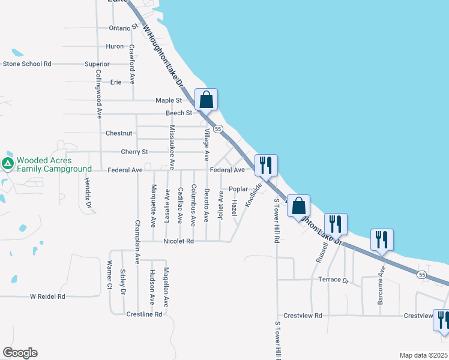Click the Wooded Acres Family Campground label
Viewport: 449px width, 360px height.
coord(53,165)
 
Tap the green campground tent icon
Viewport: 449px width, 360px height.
coord(8,164)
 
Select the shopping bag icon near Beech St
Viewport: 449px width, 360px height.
coord(206,100)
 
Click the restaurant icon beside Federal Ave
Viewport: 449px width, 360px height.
coord(266,166)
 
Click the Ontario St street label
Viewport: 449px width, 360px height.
coord(124,28)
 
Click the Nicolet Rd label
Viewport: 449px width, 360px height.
coord(178,241)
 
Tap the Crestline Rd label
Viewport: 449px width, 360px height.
coord(145,314)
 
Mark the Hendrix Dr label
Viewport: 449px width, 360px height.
coord(88,194)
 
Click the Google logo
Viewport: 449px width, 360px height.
coord(20,353)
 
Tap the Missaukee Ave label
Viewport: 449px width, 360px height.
coord(172,146)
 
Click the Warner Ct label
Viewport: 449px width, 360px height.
coord(110,274)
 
